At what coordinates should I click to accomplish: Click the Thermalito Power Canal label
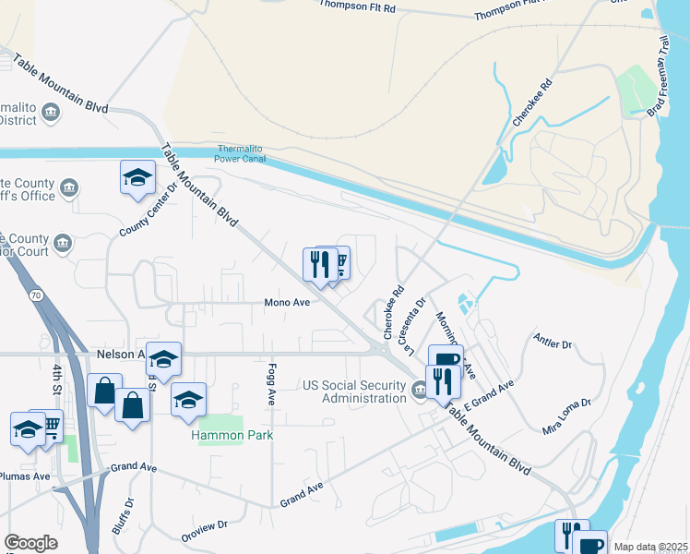click(x=241, y=153)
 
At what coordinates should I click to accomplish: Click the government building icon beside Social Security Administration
click(x=420, y=391)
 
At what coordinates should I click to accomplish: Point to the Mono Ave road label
click(x=288, y=302)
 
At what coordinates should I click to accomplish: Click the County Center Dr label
click(x=148, y=209)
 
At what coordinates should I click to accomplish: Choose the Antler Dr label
click(x=553, y=343)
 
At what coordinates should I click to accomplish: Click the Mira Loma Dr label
click(x=565, y=417)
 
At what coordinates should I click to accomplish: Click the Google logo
click(x=31, y=543)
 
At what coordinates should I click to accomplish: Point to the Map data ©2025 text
click(x=651, y=547)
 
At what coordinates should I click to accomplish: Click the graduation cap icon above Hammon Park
click(x=188, y=399)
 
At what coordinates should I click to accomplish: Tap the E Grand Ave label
click(x=488, y=396)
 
